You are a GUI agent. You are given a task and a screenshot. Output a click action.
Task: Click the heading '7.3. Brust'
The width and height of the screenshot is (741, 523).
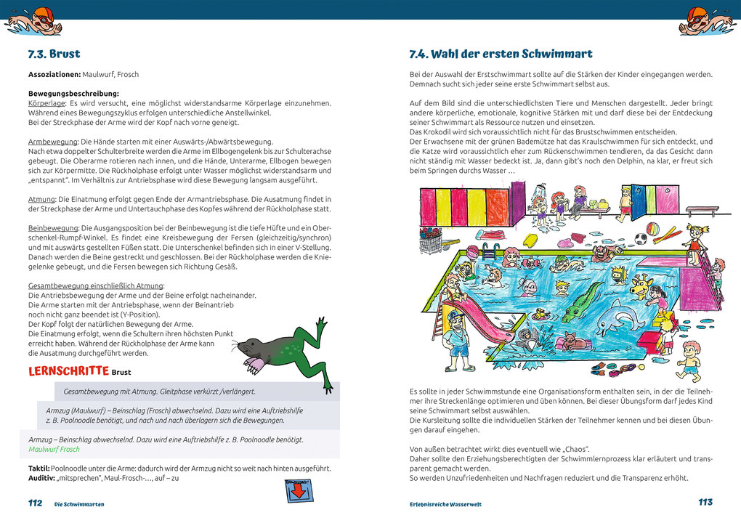[54, 54]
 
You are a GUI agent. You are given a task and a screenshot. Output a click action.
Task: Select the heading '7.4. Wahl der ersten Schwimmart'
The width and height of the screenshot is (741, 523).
[501, 54]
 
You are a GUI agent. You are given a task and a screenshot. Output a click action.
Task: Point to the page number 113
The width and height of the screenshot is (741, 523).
[705, 502]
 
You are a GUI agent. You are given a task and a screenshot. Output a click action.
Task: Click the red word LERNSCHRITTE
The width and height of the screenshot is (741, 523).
[68, 371]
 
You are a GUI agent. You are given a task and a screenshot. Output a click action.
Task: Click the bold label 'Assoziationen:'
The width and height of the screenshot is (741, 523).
[54, 74]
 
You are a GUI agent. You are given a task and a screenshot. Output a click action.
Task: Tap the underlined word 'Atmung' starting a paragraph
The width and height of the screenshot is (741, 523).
[41, 199]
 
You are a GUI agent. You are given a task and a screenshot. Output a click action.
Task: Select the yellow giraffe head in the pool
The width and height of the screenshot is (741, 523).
[641, 284]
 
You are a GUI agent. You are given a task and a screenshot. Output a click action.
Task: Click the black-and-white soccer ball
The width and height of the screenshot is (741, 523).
[640, 239]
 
